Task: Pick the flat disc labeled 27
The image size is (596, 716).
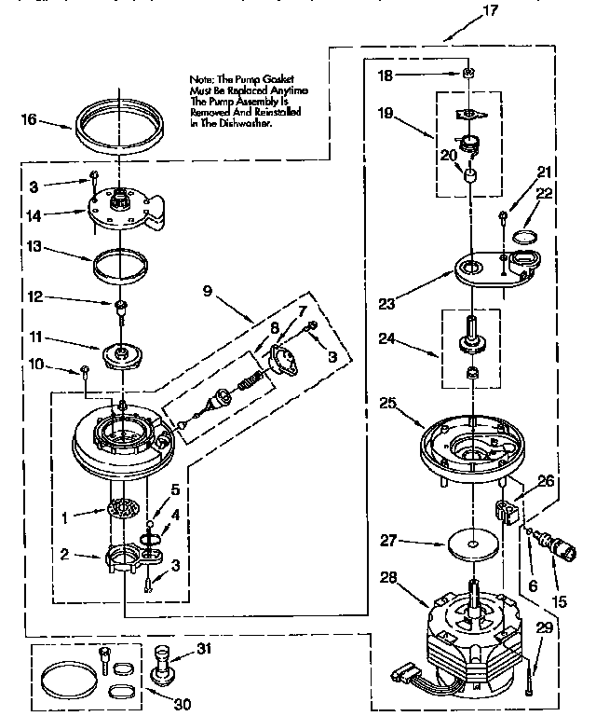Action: pyautogui.click(x=473, y=544)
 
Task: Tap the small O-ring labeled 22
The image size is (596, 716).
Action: pyautogui.click(x=524, y=234)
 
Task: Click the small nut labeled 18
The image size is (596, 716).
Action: pyautogui.click(x=471, y=72)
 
